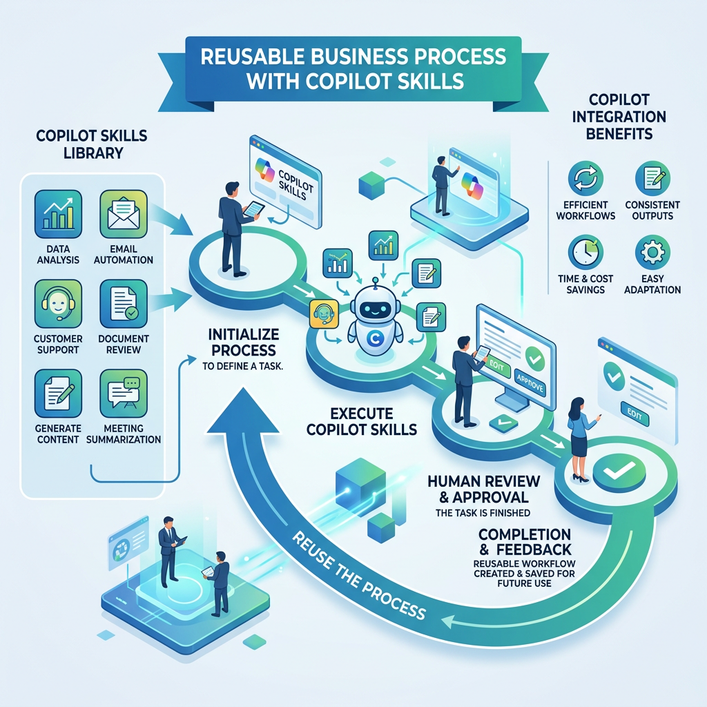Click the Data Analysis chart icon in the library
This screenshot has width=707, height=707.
[x=58, y=214]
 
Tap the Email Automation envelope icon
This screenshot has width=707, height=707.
[x=124, y=214]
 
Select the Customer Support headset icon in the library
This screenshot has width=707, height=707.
[x=58, y=304]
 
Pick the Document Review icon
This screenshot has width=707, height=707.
[x=124, y=304]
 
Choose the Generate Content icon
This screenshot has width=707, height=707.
[x=58, y=393]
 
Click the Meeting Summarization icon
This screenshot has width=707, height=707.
[x=124, y=393]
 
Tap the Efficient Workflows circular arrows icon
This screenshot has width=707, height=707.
[x=585, y=178]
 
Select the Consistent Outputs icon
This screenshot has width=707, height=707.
[x=652, y=178]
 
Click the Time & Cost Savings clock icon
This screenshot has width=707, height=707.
[x=585, y=252]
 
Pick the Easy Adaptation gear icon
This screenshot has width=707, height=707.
[x=652, y=252]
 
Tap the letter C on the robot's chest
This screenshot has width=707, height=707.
[x=374, y=338]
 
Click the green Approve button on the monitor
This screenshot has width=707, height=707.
[x=530, y=384]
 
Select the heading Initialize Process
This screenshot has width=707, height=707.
[x=244, y=342]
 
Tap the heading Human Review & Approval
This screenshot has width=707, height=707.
[x=483, y=490]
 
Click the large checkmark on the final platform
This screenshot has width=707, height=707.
[x=619, y=469]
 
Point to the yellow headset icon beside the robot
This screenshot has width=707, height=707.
[x=325, y=313]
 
